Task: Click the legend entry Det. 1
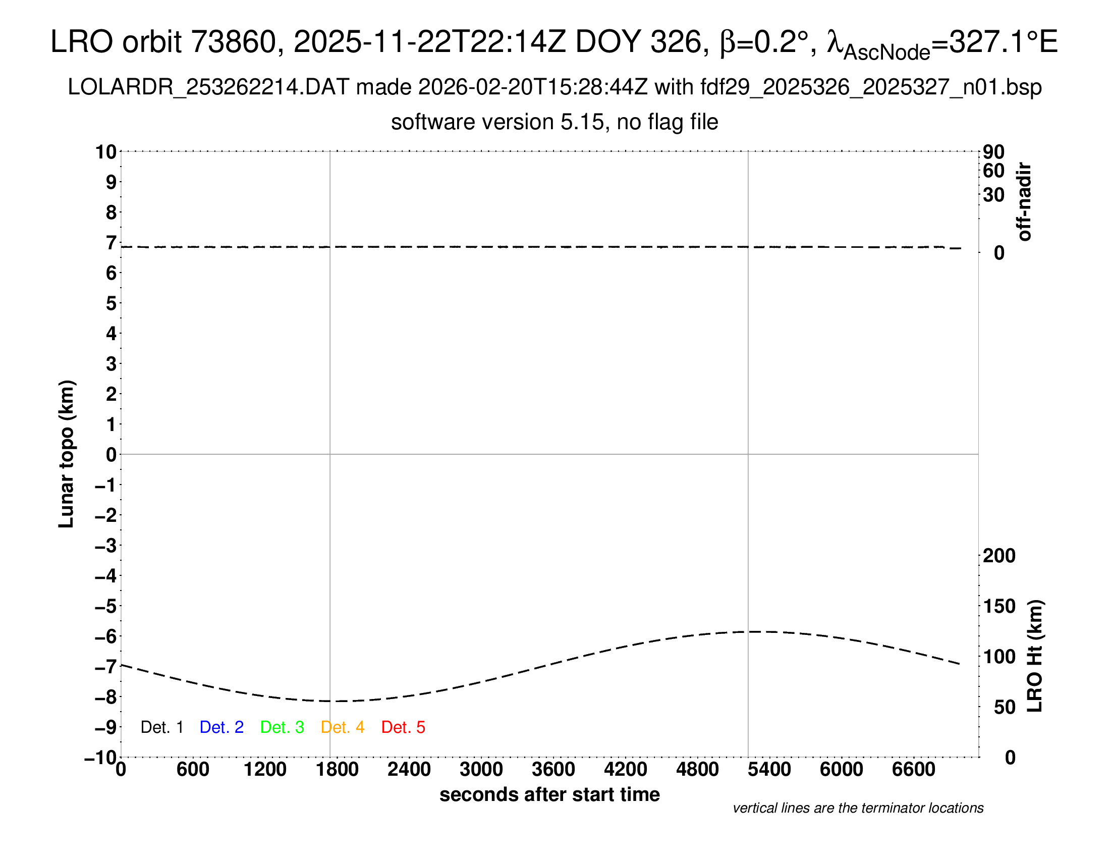161,727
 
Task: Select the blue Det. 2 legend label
221,727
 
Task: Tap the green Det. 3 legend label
282,727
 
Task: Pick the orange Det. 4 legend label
343,727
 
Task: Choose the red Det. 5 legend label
403,727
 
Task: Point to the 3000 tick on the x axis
481,770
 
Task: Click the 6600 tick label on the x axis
913,770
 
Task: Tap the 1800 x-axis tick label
337,770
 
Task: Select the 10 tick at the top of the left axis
106,151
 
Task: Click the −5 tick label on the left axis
106,606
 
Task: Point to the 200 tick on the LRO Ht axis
999,556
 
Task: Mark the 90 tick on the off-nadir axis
993,151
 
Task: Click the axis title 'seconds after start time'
549,794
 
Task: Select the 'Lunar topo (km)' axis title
67,454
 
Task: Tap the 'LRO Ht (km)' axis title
1035,656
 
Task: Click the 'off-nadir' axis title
1024,202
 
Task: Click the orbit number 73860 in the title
233,42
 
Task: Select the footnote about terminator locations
858,808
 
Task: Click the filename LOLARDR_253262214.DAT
208,87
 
